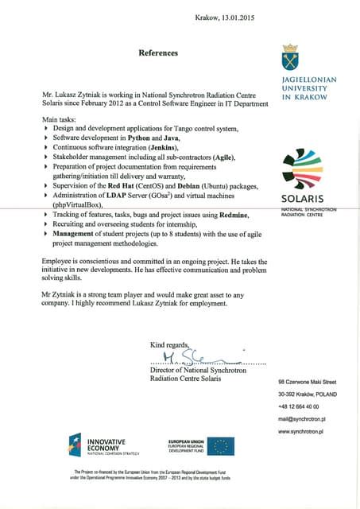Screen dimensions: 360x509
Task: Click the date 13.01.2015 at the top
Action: pos(236,18)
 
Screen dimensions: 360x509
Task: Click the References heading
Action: pos(158,53)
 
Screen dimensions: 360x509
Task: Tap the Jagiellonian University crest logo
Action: pos(290,58)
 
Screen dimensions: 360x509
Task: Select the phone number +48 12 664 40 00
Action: pos(300,406)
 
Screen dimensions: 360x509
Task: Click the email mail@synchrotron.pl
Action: pos(304,418)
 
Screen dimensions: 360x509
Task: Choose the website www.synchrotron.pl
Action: pos(304,431)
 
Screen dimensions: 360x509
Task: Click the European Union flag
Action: pos(223,446)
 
